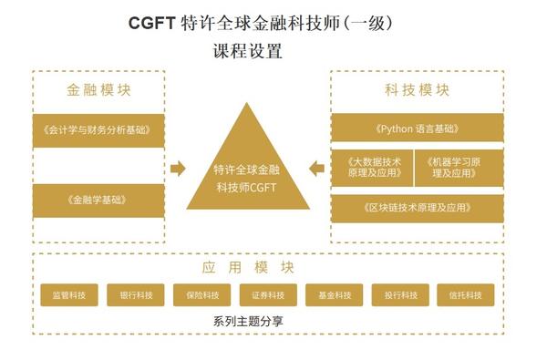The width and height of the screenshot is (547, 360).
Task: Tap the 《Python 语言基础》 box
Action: [x=417, y=129]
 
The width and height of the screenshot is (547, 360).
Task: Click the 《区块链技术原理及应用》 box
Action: [x=417, y=208]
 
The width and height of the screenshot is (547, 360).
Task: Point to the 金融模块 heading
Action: [x=98, y=91]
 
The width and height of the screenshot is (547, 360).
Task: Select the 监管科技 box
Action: [x=70, y=295]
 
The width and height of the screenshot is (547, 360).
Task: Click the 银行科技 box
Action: [x=136, y=295]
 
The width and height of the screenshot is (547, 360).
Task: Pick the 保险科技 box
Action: [x=201, y=295]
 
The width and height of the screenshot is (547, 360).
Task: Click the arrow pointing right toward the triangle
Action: [x=178, y=169]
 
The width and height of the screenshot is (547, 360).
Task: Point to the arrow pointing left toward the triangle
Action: [x=317, y=169]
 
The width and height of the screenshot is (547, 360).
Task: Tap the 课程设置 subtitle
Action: [x=246, y=52]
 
